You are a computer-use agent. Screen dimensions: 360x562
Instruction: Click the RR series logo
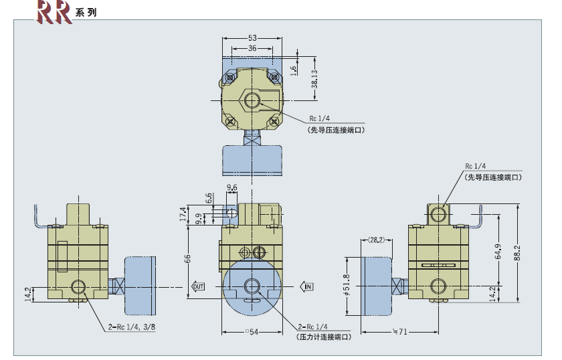[54, 11]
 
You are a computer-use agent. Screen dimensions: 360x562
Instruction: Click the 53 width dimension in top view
[252, 37]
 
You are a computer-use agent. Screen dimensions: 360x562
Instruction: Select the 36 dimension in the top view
[252, 48]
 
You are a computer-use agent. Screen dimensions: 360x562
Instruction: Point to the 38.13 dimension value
[314, 80]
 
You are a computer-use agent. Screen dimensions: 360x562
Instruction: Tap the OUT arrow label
[198, 286]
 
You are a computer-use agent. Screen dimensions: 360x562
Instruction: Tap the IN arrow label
[308, 286]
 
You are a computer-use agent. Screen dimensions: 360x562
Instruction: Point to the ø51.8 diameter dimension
[346, 286]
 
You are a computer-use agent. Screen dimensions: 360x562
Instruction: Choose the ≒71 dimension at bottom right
[399, 332]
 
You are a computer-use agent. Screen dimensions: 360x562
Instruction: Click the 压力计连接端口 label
[322, 339]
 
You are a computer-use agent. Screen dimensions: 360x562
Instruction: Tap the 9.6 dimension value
[232, 188]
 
